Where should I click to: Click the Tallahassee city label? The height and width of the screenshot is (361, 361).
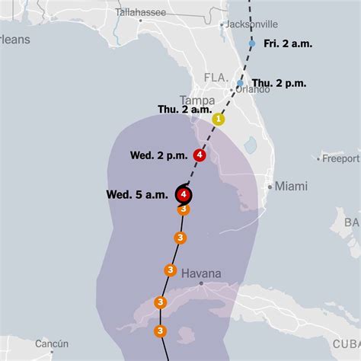click(x=142, y=11)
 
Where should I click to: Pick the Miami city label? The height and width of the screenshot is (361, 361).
click(x=292, y=186)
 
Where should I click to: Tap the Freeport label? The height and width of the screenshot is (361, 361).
click(x=340, y=158)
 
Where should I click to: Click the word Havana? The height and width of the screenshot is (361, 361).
click(x=202, y=273)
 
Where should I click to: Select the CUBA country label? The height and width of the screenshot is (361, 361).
click(x=346, y=344)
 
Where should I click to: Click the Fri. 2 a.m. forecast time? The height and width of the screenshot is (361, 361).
click(x=289, y=43)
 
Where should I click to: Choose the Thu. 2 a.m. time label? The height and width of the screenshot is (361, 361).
click(x=184, y=110)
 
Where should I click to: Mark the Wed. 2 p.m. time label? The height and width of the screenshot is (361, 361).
click(x=158, y=155)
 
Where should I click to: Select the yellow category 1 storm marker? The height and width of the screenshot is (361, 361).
click(x=219, y=119)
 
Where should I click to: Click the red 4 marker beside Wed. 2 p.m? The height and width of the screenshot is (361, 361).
click(x=200, y=155)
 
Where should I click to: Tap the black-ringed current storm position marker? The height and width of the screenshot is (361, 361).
click(x=184, y=194)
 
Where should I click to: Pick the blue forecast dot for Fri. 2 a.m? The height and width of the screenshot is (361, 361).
click(x=252, y=43)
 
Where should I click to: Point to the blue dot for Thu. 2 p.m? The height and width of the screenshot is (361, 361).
click(x=240, y=83)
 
